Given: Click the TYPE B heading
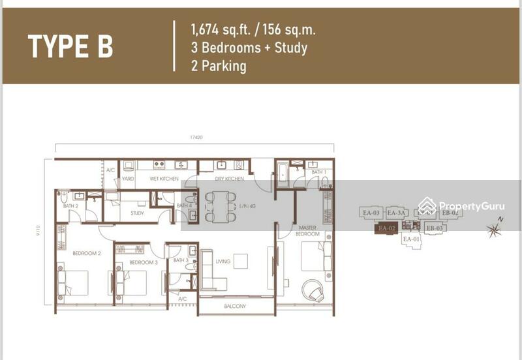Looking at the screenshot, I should tap(70, 46).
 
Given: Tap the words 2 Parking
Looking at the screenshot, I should tap(219, 66).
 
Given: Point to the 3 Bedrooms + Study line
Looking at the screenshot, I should tap(249, 48).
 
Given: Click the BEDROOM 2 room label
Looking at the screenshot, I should tap(86, 253).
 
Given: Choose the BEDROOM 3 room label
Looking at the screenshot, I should tap(143, 262).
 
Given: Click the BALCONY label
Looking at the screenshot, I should tap(236, 306).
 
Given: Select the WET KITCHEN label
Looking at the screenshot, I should tap(164, 179).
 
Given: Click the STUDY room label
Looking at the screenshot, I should tap(137, 213).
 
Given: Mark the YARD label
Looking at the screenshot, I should tap(128, 179).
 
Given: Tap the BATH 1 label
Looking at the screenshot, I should tap(318, 172).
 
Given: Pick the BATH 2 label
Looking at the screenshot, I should tap(70, 206).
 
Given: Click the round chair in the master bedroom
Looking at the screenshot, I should tap(313, 290).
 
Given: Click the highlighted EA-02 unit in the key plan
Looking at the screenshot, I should tap(388, 228).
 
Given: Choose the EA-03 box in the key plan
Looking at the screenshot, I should tap(371, 213).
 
